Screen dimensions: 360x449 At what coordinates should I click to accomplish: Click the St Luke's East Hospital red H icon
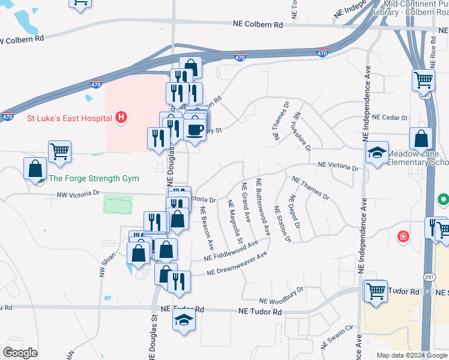121,117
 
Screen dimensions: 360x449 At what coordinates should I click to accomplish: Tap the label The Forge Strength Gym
94,178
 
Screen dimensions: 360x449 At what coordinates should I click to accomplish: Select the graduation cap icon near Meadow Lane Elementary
378,154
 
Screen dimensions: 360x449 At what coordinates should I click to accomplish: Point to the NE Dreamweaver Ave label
237,264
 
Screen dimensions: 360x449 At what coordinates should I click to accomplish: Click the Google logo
20,353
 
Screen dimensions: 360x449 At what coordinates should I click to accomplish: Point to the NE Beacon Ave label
207,227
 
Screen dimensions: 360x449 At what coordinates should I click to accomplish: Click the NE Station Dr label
282,224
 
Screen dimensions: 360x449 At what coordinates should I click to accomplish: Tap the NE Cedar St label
390,118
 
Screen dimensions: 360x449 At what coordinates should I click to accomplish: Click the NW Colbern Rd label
22,39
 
